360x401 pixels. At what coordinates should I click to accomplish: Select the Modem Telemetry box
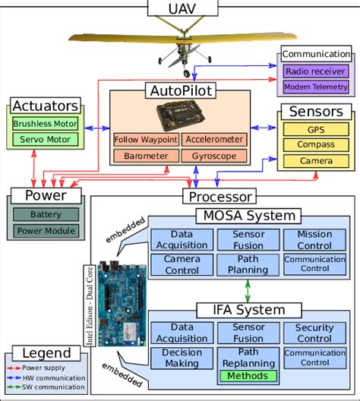pos(316,87)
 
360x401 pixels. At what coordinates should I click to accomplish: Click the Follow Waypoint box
pos(145,140)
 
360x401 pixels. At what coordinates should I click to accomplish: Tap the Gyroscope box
pos(213,156)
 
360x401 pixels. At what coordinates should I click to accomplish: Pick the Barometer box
pos(145,156)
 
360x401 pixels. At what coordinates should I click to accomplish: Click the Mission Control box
pos(314,241)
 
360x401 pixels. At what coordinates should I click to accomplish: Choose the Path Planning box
pos(248,265)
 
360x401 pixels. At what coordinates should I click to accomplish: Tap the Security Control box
pos(314,333)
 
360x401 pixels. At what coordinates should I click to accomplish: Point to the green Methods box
pos(248,376)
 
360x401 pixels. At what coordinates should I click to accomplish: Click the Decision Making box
pos(181,358)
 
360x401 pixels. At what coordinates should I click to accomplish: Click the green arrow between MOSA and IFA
pos(248,290)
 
